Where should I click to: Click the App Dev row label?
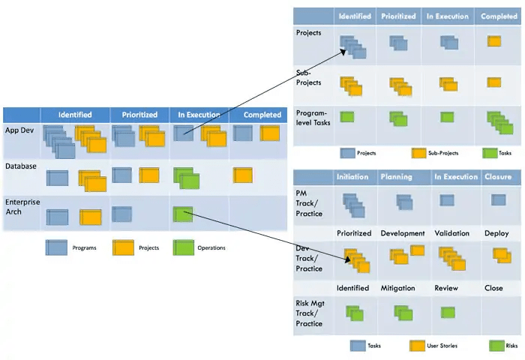(x=19, y=130)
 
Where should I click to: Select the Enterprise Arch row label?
(x=22, y=207)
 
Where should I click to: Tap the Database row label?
(x=21, y=166)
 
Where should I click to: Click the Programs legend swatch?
(x=56, y=247)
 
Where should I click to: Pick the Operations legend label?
(x=211, y=247)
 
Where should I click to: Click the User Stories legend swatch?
(x=417, y=346)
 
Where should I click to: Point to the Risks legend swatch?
(x=496, y=346)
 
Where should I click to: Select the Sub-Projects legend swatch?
(x=418, y=153)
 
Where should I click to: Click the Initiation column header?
(x=352, y=177)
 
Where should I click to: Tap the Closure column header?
(x=498, y=176)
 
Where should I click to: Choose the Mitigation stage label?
(x=397, y=288)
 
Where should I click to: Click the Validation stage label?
(x=451, y=233)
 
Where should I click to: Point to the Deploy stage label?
(x=496, y=233)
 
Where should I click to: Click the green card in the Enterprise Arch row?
(x=183, y=214)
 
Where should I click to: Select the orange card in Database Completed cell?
(x=243, y=175)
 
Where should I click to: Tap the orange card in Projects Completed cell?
(x=494, y=41)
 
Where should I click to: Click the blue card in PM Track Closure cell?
(x=499, y=200)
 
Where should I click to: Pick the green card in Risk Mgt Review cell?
(x=448, y=313)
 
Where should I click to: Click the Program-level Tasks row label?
(x=313, y=118)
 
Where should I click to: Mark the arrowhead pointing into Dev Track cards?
(x=347, y=259)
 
